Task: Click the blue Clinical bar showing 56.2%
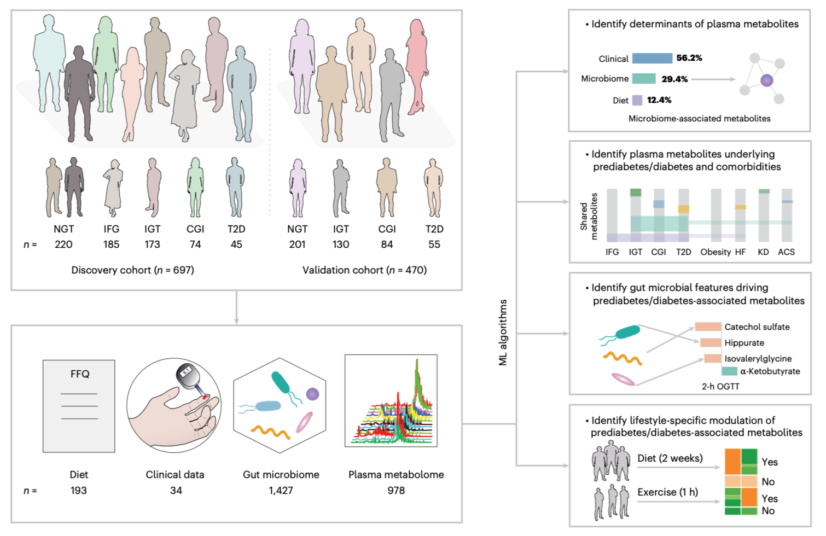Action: [x=652, y=59]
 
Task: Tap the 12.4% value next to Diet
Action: [x=659, y=100]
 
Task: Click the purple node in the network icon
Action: [x=767, y=80]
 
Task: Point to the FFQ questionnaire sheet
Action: [x=79, y=406]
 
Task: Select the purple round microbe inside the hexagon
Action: [x=312, y=394]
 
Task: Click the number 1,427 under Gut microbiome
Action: [x=281, y=491]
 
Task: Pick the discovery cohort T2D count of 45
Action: [x=236, y=244]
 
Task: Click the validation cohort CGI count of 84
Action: [x=387, y=244]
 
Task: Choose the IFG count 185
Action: [x=111, y=244]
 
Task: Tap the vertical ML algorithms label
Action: [x=503, y=333]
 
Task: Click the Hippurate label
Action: [x=744, y=343]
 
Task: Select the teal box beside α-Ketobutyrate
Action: [x=729, y=371]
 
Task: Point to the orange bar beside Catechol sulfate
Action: [x=708, y=327]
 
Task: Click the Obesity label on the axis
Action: [x=716, y=252]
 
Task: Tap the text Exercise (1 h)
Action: [x=667, y=492]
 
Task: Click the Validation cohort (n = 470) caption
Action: [x=364, y=270]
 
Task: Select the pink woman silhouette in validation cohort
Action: [x=417, y=66]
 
